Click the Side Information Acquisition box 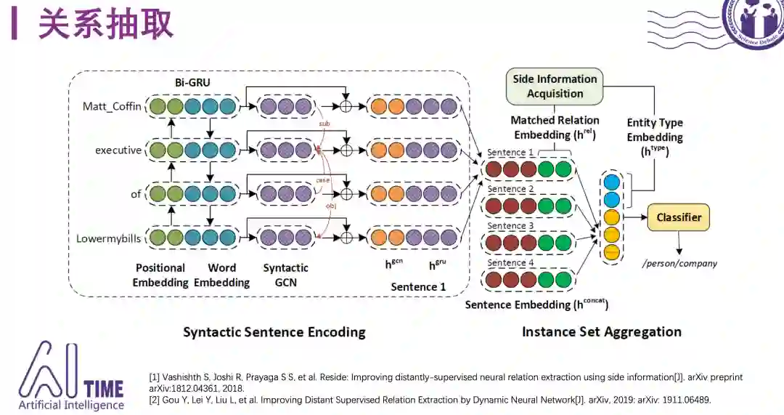tap(555, 86)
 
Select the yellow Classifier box tap(679, 217)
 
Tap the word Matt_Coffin tap(112, 108)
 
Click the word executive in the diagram tap(118, 150)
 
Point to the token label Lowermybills tap(109, 238)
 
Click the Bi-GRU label tap(192, 83)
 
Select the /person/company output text tap(679, 263)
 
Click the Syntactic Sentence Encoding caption tap(274, 332)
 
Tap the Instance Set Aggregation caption tap(601, 332)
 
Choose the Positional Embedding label tap(160, 275)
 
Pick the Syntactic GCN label tap(285, 275)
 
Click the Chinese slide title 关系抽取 tap(106, 24)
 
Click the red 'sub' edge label tap(324, 124)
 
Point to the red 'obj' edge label tap(330, 206)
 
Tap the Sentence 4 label tap(510, 263)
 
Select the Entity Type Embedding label tap(655, 137)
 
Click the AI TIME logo tap(70, 376)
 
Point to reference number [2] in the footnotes tap(154, 400)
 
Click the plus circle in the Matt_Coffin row tap(346, 108)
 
